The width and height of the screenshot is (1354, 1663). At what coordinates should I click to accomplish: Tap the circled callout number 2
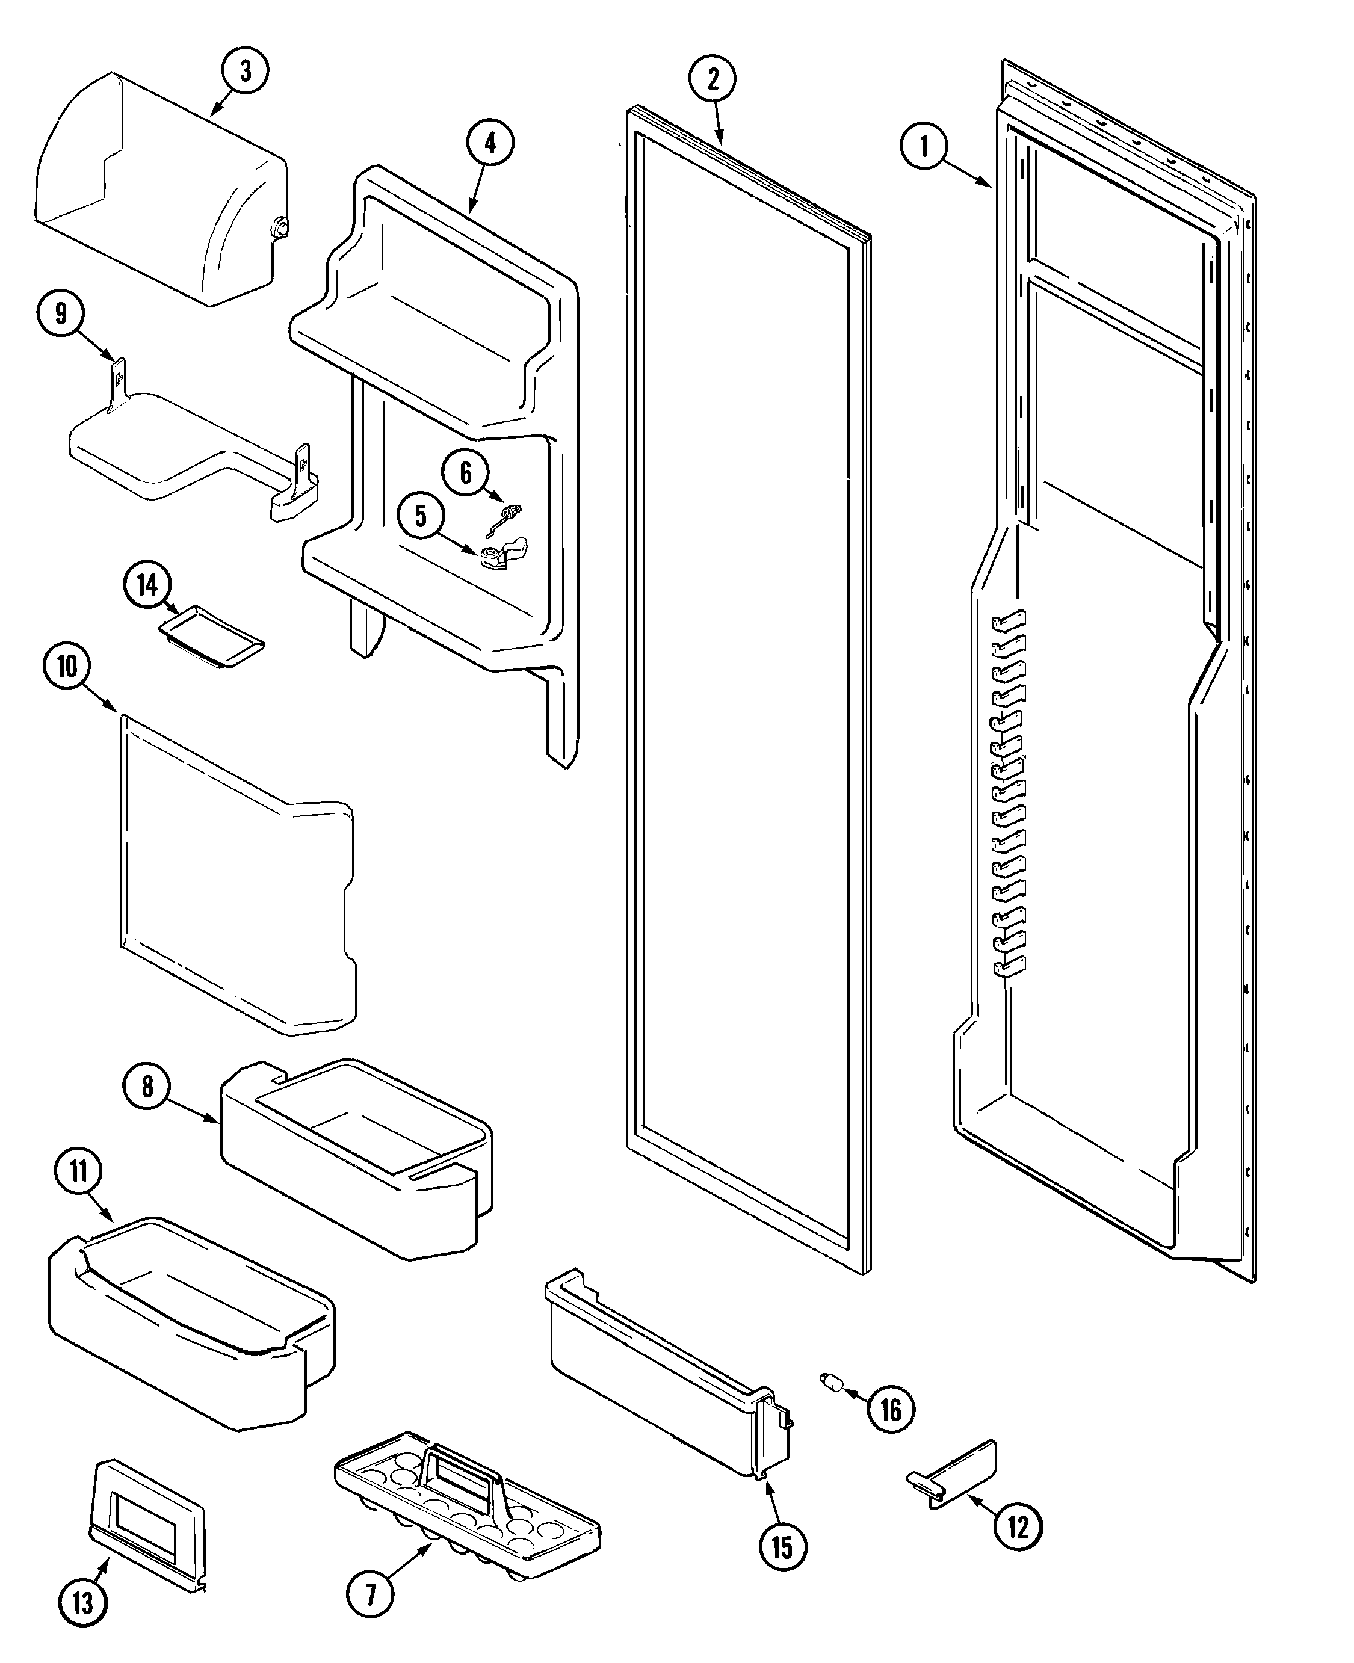point(712,79)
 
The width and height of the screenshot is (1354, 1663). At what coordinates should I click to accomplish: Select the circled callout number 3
point(245,71)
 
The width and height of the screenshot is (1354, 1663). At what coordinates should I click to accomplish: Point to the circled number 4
point(490,143)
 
